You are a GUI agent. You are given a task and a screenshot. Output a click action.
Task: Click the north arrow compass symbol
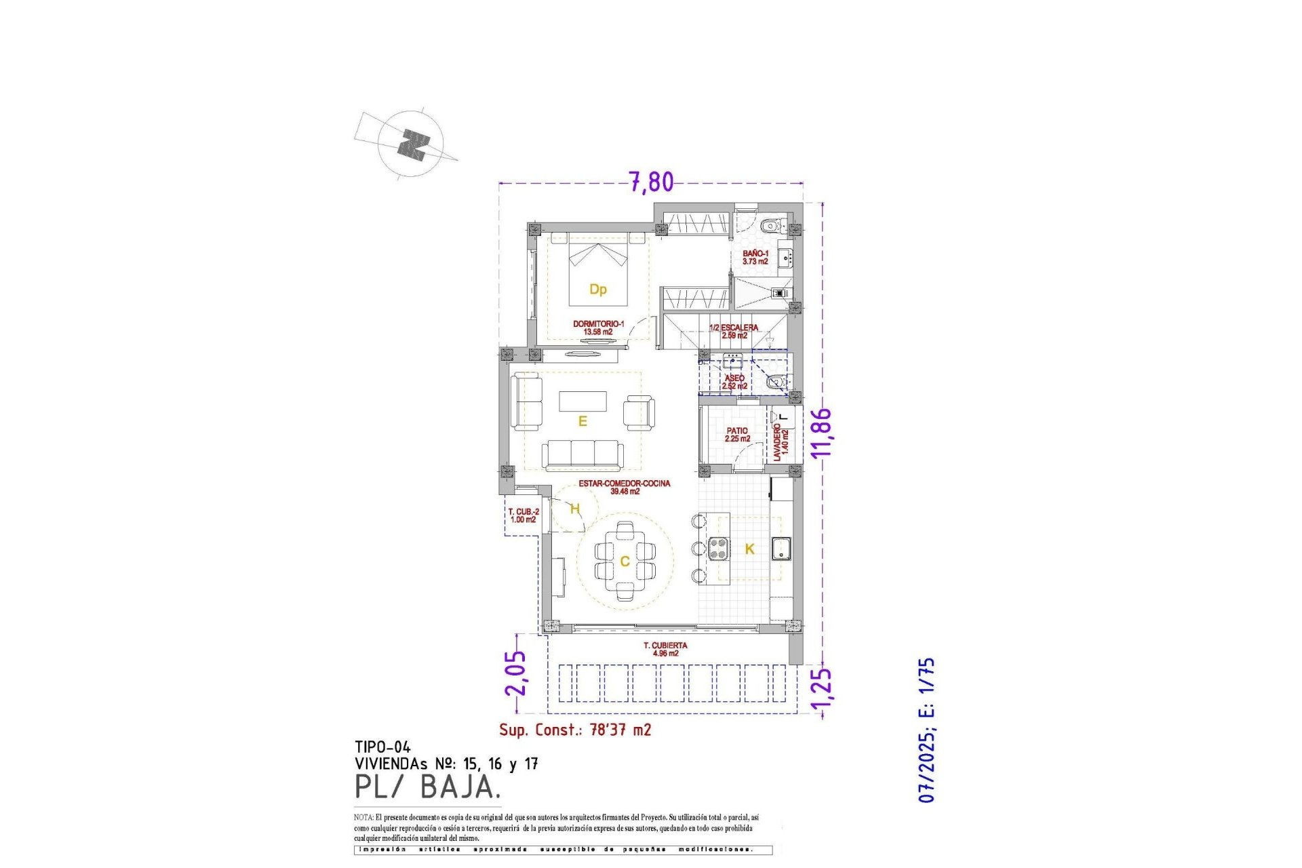(412, 144)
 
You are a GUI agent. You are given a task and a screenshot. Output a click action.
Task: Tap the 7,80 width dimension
(651, 182)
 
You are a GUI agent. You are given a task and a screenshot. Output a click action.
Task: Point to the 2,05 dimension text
(515, 673)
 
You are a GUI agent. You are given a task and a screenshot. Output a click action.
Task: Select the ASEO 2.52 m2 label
(734, 382)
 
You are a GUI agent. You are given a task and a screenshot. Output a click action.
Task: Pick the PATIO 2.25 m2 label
(737, 435)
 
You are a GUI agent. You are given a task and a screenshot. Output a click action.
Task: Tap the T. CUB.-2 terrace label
(524, 515)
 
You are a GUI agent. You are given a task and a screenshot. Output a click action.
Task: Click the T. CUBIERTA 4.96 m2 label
(665, 649)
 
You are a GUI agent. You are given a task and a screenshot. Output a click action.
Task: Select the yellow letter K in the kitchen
(749, 549)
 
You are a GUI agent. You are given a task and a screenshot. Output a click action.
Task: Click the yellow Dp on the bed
(597, 290)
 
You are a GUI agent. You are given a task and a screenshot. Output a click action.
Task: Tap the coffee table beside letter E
(583, 401)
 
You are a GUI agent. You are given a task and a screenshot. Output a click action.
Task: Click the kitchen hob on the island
(718, 548)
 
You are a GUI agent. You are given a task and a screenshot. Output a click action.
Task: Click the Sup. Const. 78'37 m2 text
(575, 730)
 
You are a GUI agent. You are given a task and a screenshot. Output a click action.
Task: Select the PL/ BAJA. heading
(427, 787)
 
